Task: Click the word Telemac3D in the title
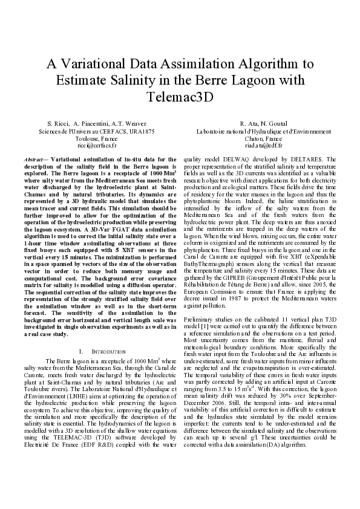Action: [180, 97]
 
